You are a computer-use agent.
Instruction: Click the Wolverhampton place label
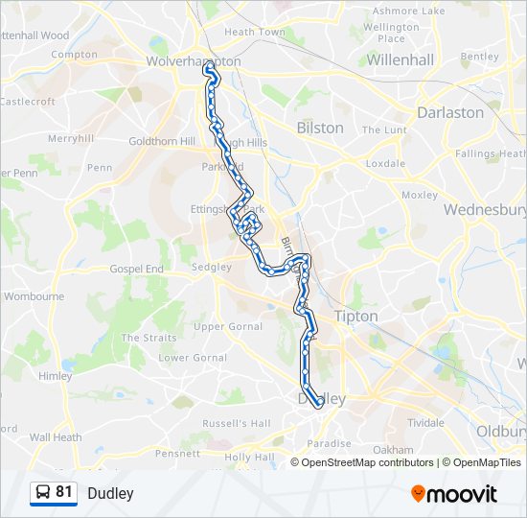tap(194, 61)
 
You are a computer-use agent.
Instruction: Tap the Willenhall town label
tap(401, 59)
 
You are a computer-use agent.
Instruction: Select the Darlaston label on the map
tap(450, 112)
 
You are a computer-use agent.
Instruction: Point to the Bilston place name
tap(320, 128)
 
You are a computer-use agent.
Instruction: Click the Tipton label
tap(355, 316)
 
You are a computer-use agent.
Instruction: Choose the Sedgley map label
tap(211, 267)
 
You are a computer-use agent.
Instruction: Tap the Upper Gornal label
tap(227, 326)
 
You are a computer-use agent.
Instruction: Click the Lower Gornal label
tap(187, 358)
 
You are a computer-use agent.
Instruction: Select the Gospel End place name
tap(136, 270)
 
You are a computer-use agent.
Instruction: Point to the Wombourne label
tap(34, 296)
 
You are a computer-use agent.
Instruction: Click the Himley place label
tap(55, 376)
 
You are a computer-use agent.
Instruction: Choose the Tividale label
tap(426, 422)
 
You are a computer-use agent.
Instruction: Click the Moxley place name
tap(420, 195)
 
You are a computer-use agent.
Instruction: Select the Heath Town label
tap(255, 32)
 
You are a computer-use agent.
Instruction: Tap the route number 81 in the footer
tap(64, 492)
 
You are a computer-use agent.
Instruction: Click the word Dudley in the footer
tap(110, 494)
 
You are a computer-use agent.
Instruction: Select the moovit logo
tap(454, 494)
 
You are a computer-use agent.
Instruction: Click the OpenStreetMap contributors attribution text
tap(368, 462)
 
